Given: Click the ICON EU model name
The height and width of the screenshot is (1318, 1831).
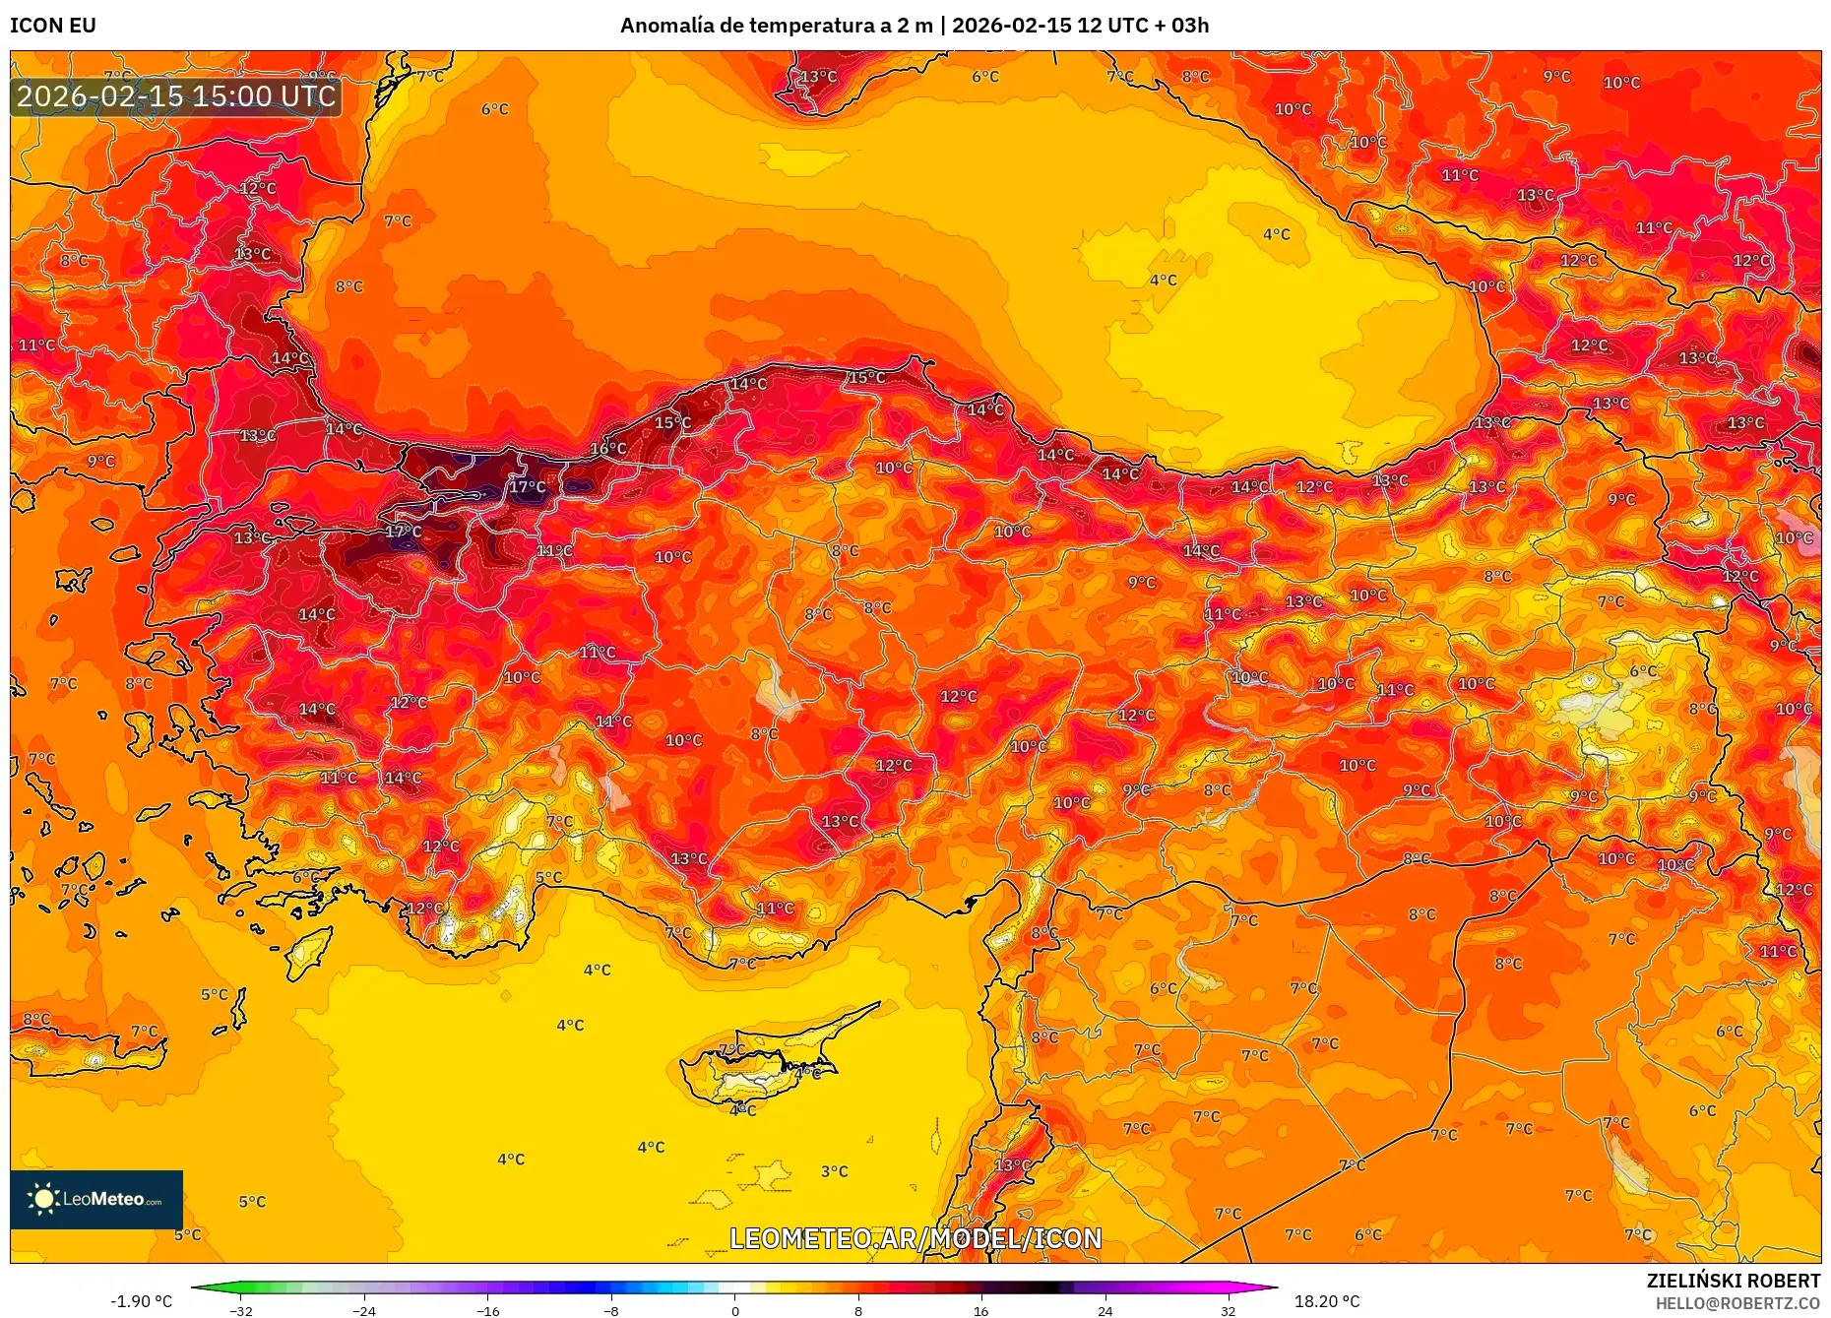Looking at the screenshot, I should point(53,26).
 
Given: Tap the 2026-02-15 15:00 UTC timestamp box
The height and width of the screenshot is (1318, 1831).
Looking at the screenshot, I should point(176,96).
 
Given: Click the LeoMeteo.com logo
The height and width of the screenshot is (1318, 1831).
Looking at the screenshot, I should point(96,1199).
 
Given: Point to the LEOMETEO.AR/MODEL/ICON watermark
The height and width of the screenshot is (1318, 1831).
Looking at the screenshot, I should point(915,1238).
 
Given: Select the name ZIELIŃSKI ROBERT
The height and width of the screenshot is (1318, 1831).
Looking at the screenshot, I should point(1733,1281).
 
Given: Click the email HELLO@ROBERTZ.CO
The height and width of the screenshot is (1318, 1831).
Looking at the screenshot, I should point(1737,1303).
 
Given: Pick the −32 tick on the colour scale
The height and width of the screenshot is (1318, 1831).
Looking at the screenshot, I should point(241,1310).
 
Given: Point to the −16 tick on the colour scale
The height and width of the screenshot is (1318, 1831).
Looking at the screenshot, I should point(488,1310).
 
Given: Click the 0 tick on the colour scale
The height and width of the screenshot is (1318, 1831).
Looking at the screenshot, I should point(734,1310).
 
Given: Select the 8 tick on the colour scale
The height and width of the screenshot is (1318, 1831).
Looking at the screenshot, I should point(858,1310).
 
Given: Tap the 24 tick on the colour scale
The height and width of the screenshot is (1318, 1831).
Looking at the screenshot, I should point(1105,1310).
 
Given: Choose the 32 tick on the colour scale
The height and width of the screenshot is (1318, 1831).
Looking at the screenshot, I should point(1228,1310).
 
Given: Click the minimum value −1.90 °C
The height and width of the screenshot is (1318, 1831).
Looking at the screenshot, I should point(141,1301).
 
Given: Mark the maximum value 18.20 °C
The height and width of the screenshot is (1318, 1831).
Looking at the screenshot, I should point(1327,1301).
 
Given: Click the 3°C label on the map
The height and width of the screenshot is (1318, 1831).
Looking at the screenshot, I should point(834,1171).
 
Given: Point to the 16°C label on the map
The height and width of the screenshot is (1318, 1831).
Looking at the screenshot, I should point(607,449).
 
